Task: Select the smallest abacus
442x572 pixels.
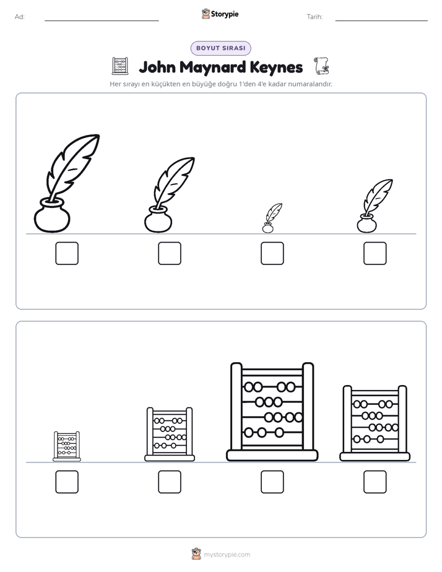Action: tap(67, 446)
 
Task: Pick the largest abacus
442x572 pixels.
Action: tap(272, 412)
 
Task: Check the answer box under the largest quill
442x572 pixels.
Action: tap(67, 254)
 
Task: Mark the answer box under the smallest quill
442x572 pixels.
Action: tap(272, 254)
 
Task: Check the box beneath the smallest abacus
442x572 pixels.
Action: tap(67, 482)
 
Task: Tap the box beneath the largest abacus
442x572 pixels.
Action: tap(272, 482)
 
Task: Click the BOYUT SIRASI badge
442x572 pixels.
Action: tap(220, 48)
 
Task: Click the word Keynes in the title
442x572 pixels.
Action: tap(277, 67)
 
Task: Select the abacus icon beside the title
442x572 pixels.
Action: tap(120, 66)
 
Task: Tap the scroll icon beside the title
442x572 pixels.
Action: tap(321, 66)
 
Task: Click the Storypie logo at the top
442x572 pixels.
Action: tap(220, 14)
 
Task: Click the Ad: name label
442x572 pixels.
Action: tap(20, 17)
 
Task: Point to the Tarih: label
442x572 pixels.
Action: tap(314, 17)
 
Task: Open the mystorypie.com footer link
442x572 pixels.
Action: tap(227, 555)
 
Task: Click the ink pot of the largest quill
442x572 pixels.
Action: tap(52, 215)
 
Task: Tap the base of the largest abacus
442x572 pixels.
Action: tap(272, 455)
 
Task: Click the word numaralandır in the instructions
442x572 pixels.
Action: tap(310, 84)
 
